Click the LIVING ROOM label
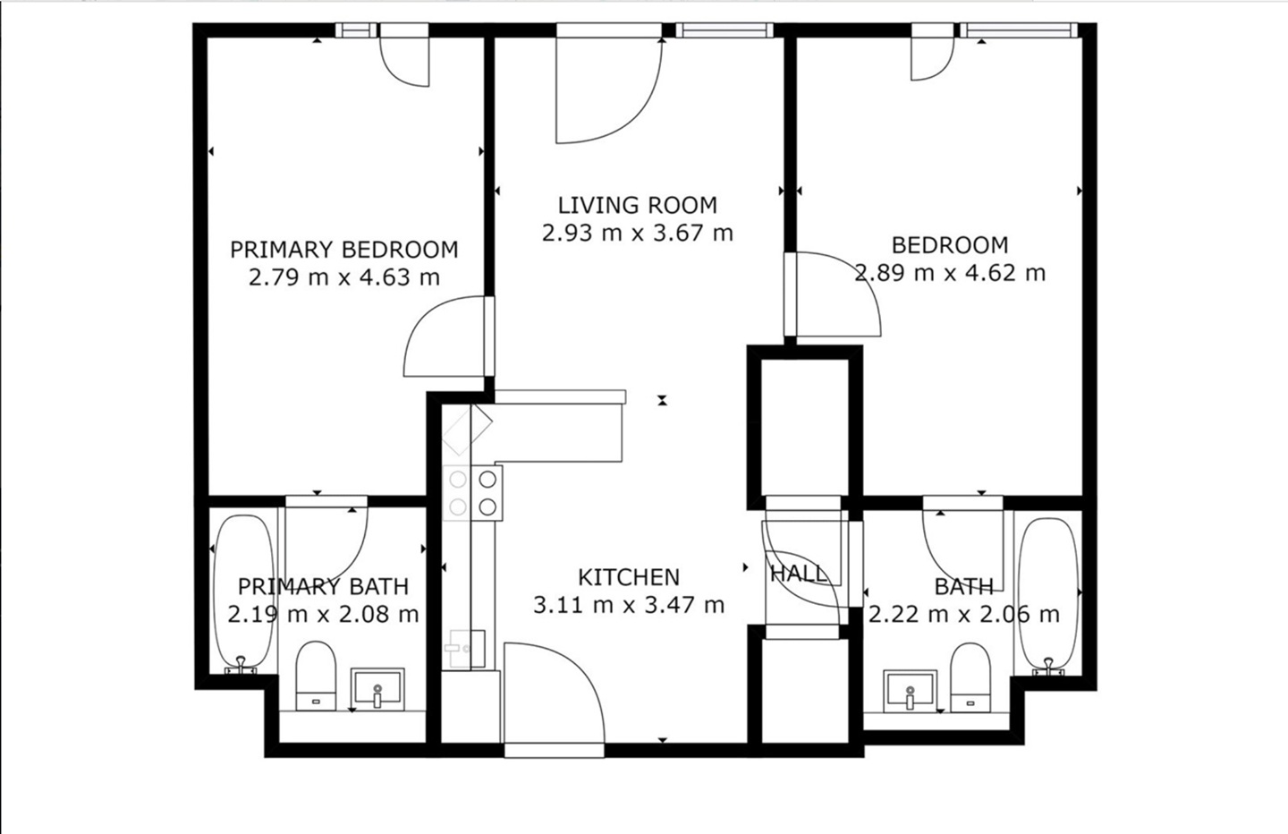[637, 205]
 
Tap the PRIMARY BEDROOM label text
[343, 249]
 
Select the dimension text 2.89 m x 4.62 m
[950, 273]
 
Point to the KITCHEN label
[628, 577]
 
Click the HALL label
[798, 574]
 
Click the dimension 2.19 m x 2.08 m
[323, 615]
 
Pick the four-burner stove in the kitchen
[473, 492]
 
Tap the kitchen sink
[465, 647]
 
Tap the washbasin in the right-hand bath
[910, 690]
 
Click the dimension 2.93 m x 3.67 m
[637, 234]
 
